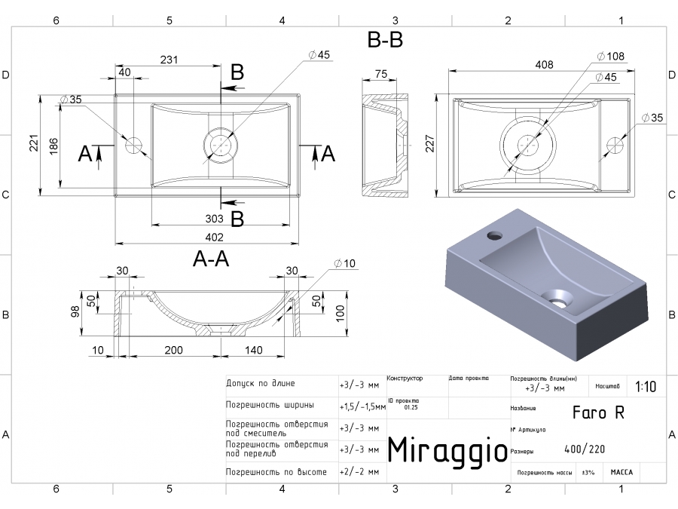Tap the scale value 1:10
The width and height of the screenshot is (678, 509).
click(645, 387)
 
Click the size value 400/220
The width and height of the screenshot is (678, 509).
click(584, 450)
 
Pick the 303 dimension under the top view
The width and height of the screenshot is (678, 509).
click(213, 219)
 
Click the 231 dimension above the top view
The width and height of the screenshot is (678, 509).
click(168, 60)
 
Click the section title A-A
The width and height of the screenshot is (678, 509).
click(211, 259)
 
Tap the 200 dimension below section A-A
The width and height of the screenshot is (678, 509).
click(174, 350)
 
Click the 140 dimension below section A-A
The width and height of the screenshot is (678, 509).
click(253, 350)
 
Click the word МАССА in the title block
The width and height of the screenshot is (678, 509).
click(621, 472)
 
